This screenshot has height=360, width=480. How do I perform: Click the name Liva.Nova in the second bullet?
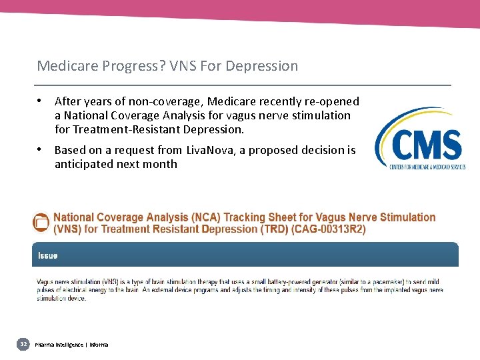click(211, 150)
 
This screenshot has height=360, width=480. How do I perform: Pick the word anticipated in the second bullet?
click(84, 164)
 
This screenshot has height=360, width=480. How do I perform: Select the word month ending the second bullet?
click(162, 164)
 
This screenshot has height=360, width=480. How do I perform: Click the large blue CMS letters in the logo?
click(426, 145)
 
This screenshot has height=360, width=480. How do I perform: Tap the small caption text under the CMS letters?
click(427, 166)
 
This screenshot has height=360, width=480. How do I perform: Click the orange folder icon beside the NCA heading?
click(41, 223)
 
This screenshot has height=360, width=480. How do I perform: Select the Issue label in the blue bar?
click(47, 255)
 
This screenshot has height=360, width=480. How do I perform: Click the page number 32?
click(23, 344)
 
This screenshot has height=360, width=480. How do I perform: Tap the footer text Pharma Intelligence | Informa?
click(71, 344)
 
